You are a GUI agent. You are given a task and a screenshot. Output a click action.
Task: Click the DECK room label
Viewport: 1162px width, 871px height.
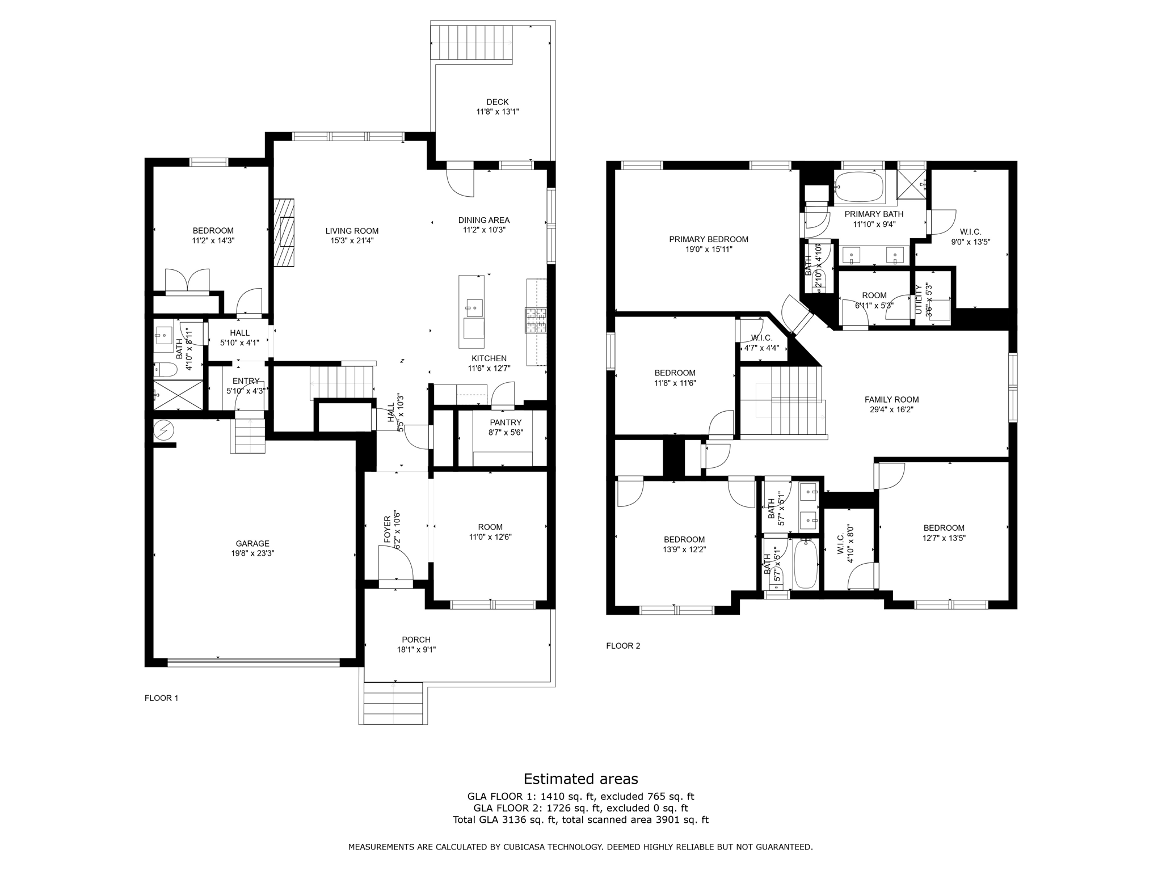(x=497, y=102)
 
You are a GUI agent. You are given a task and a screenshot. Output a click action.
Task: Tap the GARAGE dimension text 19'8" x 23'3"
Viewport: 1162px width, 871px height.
(x=252, y=553)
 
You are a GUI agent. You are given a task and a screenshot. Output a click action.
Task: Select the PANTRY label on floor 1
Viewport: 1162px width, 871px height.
(x=505, y=422)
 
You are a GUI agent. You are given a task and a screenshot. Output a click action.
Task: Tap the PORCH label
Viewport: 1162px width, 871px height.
(x=416, y=640)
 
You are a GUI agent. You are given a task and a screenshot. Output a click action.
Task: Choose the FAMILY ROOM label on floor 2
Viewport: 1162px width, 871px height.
(x=891, y=400)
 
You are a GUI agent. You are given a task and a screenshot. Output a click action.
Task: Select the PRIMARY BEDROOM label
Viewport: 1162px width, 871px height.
(x=708, y=239)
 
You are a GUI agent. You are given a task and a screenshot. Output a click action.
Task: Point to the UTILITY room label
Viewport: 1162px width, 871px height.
(x=919, y=299)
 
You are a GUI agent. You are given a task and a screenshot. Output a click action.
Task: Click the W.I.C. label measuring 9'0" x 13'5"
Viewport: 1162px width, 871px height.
(x=970, y=232)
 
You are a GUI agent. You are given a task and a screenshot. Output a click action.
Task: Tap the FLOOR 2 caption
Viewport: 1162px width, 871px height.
(x=623, y=646)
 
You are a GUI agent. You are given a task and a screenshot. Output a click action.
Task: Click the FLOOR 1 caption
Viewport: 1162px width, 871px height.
(x=161, y=698)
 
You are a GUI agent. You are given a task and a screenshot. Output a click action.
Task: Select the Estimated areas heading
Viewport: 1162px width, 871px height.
(x=580, y=779)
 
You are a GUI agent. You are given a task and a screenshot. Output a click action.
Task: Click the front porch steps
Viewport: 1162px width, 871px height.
(x=393, y=703)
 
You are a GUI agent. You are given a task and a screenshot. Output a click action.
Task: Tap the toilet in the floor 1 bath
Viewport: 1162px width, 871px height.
(x=165, y=370)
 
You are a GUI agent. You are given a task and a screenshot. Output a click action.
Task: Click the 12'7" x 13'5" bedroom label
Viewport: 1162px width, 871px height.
(x=944, y=528)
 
